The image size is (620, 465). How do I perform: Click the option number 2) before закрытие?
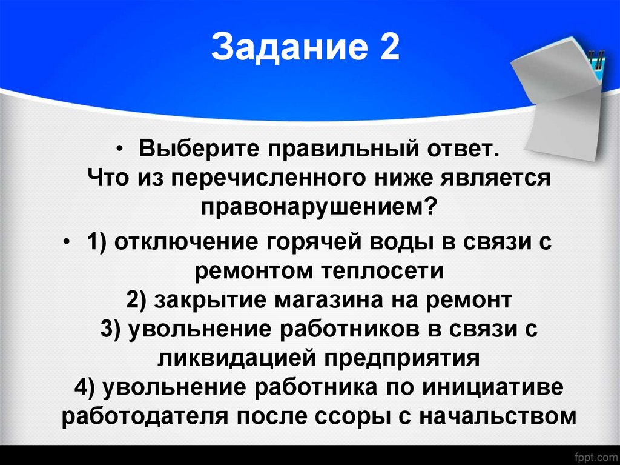(139, 300)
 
